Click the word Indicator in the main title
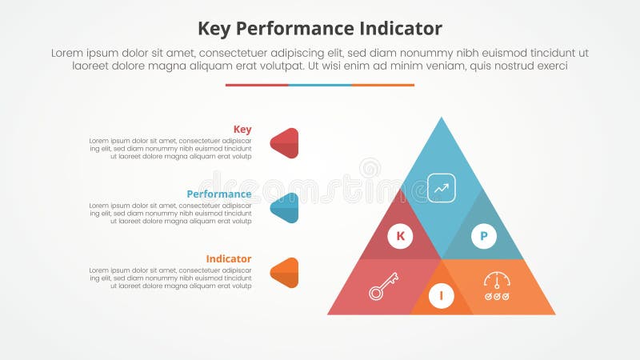coord(398,29)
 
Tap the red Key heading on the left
coord(242,130)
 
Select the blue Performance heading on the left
coord(219,194)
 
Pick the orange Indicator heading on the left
coord(229,259)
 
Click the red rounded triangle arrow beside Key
coord(286,143)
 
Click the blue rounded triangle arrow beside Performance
coord(286,208)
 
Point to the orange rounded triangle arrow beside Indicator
coord(286,273)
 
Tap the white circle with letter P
coord(483,236)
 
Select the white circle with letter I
coord(441,297)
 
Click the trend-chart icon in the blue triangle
coord(442,187)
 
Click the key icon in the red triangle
coord(383,286)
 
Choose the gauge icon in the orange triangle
coord(497,286)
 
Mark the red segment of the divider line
coord(257,85)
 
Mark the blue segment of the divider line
coord(320,85)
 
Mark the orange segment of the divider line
coord(383,85)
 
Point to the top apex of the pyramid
coord(442,120)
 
